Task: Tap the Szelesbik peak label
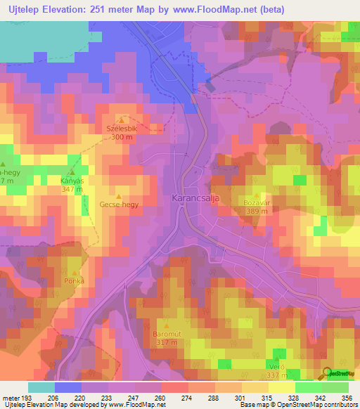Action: [x=122, y=129]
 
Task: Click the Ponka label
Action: [x=76, y=281]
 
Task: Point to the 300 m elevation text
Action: [x=122, y=138]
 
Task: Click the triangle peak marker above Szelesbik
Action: [x=121, y=120]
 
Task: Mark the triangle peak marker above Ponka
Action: [x=76, y=272]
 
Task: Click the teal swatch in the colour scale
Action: [x=41, y=387]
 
